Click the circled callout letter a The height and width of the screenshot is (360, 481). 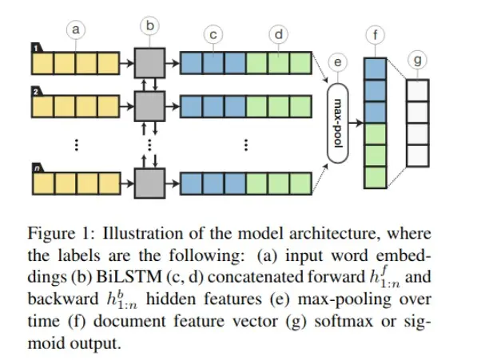(76, 30)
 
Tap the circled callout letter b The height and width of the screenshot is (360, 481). (149, 26)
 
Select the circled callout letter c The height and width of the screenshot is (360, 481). (213, 34)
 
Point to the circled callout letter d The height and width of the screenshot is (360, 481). (279, 34)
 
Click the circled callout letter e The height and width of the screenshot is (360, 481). (337, 62)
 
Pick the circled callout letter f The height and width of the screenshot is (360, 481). (376, 35)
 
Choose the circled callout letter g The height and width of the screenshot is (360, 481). (418, 60)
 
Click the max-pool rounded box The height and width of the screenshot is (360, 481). (338, 123)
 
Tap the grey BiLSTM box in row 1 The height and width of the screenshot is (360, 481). (149, 63)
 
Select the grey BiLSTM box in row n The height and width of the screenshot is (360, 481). (149, 184)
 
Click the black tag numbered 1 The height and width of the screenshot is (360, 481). (37, 48)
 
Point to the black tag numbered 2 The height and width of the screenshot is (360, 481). (37, 91)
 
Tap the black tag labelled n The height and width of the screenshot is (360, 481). (38, 168)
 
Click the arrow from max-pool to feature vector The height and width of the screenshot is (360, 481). (356, 123)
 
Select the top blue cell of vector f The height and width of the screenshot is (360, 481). (376, 69)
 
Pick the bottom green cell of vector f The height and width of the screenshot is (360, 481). (376, 177)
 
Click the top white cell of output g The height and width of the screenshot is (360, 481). (418, 90)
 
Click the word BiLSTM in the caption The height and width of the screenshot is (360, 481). (129, 277)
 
